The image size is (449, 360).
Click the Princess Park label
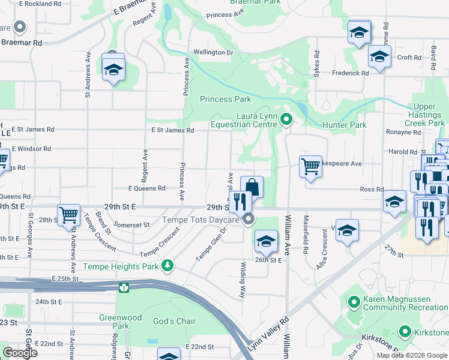coord(225,99)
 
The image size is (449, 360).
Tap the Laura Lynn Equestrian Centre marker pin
coord(286,120)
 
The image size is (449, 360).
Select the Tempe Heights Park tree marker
coord(170,265)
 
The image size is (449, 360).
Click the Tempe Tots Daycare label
coord(201,220)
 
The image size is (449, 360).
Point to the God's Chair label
coord(174,321)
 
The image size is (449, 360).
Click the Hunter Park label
coord(344,125)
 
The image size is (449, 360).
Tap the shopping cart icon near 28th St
coord(69,214)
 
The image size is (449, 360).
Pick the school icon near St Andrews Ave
coord(113,70)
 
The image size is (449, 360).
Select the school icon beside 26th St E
coord(264,241)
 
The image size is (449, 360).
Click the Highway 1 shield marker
coord(124,287)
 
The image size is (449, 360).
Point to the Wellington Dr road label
coord(212,53)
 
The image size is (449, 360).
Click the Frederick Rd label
coord(350,73)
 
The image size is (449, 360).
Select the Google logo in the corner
coord(20,353)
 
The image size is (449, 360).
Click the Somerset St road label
coord(132,225)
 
